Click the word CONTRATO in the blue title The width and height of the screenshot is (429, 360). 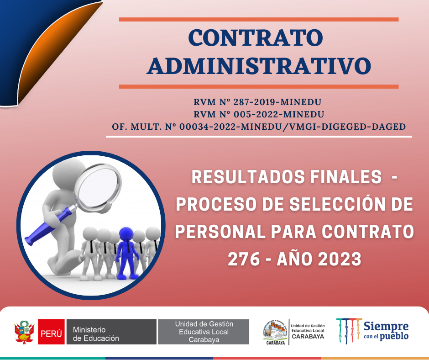(x=256, y=38)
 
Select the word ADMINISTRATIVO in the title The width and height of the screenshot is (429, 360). (x=259, y=66)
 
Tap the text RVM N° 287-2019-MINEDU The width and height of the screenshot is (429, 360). (x=257, y=102)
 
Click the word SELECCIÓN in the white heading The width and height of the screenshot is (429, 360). (x=337, y=204)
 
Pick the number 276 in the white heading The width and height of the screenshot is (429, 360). (x=244, y=259)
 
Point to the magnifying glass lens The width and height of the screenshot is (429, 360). (x=99, y=187)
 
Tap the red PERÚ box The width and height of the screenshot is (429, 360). (x=51, y=332)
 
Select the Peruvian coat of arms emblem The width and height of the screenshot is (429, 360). (x=24, y=332)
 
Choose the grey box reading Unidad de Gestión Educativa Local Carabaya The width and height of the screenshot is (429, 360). (x=204, y=332)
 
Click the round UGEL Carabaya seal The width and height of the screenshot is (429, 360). (x=275, y=332)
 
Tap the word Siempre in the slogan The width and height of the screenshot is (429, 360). (x=386, y=327)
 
